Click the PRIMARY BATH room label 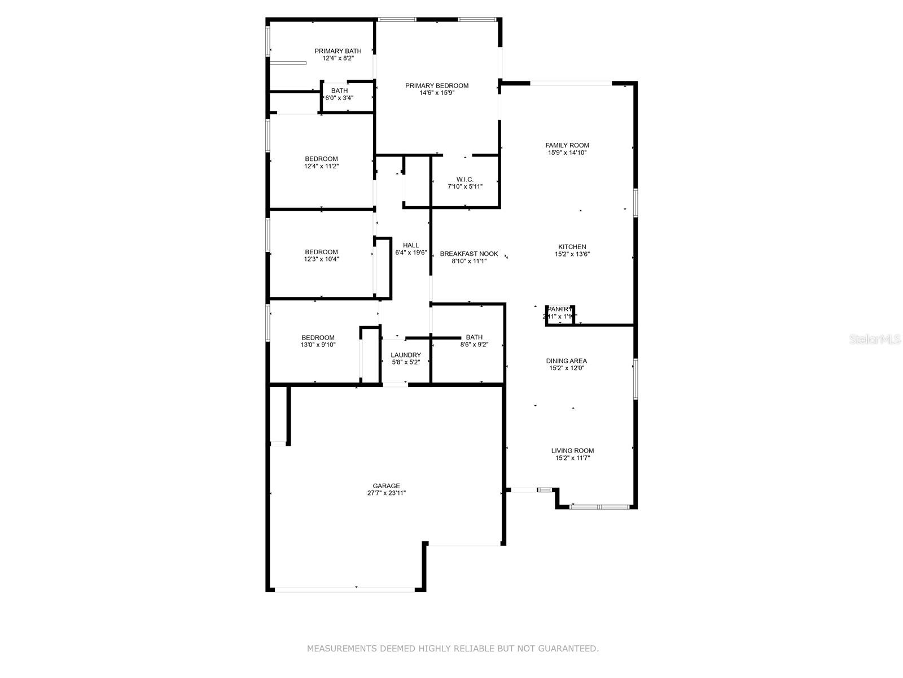coord(338,51)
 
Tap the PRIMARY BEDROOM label coord(437,86)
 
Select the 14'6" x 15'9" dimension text coord(437,93)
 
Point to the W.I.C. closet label coord(465,179)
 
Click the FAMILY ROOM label coord(567,145)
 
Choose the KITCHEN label coord(572,247)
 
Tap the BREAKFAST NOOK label coord(469,254)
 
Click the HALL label coord(411,245)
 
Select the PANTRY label coord(560,309)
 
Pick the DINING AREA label coord(567,361)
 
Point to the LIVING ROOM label coord(572,451)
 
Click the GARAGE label coord(387,486)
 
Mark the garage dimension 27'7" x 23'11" coord(387,493)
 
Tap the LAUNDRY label coord(406,355)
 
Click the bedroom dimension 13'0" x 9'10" coord(318,345)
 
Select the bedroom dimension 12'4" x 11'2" coord(322,166)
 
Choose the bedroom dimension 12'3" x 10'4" coord(322,259)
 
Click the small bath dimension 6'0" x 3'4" coord(339,98)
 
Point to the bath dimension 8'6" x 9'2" coord(474,345)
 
